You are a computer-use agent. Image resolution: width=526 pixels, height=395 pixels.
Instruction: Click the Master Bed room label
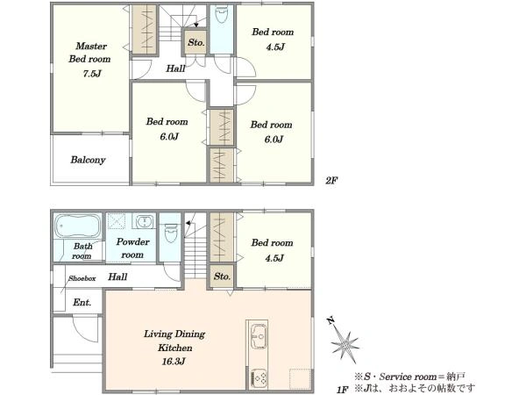[90, 53]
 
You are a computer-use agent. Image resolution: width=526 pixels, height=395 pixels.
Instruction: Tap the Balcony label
[88, 160]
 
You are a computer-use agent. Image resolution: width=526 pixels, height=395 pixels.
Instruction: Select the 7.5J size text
[92, 74]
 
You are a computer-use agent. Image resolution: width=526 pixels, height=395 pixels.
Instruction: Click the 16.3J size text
[174, 362]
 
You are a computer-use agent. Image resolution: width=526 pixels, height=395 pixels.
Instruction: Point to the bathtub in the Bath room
[78, 226]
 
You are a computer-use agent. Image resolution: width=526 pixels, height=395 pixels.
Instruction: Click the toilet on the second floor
[222, 14]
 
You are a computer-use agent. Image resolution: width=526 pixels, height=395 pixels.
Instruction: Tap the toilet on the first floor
[170, 233]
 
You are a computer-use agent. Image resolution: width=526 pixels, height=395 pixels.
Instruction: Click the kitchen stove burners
[259, 377]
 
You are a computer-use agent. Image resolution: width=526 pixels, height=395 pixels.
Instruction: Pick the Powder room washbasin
[145, 221]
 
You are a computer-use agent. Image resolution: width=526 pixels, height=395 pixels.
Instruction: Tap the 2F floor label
[331, 180]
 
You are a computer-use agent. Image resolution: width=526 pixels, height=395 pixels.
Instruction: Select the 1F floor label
[342, 390]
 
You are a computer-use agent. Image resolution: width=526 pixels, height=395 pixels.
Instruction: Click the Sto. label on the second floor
[195, 42]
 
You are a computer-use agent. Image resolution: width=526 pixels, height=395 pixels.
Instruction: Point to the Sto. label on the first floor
[222, 276]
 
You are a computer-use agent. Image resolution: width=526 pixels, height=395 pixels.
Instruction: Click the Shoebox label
[82, 278]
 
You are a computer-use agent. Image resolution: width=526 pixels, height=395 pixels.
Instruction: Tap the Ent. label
[82, 302]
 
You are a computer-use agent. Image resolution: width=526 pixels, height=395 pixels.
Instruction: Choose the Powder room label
[133, 248]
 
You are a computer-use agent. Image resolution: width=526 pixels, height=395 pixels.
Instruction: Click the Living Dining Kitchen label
[174, 341]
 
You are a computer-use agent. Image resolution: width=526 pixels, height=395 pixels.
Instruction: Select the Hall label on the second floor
[175, 68]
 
